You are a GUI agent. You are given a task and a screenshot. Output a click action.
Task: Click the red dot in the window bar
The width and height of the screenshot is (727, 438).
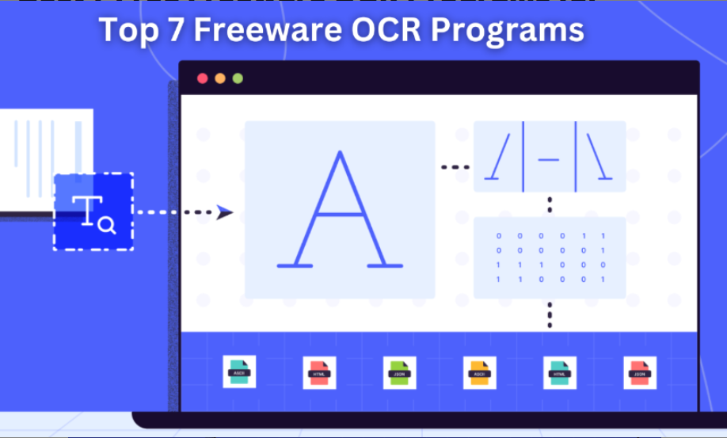pos(202,78)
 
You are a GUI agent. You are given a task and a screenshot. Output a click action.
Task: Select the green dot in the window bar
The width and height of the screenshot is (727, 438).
pos(238,78)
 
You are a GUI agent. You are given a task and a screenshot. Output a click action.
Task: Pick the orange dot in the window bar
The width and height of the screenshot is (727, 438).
pos(220,78)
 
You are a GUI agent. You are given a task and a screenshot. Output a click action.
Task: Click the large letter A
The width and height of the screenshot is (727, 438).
pos(340,209)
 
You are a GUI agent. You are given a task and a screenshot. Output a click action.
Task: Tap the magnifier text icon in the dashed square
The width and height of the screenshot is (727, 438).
pos(93,211)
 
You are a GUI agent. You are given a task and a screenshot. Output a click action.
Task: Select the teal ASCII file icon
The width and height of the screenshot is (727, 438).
pos(238,372)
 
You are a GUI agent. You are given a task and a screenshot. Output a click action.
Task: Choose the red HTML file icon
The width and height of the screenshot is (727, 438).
pos(319,372)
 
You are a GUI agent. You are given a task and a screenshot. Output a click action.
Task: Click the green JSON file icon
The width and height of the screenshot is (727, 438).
pos(399,372)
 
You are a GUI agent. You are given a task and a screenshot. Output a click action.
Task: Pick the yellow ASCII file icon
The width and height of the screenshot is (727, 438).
pos(479,372)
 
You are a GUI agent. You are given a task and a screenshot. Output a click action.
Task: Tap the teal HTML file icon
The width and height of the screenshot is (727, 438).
pos(559,372)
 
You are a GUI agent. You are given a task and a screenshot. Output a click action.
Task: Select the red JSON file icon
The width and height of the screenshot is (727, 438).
pos(639,372)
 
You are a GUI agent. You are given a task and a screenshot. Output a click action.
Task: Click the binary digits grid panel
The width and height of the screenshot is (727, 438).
pos(550,257)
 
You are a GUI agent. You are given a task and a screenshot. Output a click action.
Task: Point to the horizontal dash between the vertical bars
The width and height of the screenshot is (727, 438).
pos(549,160)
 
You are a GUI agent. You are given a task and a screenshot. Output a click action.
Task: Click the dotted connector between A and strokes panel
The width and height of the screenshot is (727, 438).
pos(455,167)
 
